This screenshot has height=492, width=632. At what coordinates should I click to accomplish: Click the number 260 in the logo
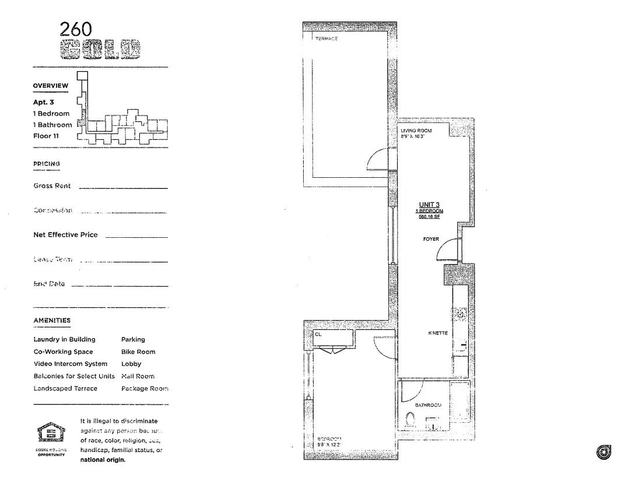click(x=76, y=30)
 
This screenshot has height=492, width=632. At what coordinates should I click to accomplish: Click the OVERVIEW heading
click(x=50, y=86)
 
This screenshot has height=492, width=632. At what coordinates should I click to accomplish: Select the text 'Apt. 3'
click(x=44, y=102)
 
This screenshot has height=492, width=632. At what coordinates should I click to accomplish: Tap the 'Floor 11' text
click(x=46, y=136)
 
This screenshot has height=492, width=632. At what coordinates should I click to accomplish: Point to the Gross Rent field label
click(x=52, y=186)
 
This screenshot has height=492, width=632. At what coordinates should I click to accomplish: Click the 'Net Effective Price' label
click(x=65, y=235)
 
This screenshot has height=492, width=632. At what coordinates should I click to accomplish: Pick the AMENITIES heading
click(x=52, y=321)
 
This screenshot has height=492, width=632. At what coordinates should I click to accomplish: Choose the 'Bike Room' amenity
click(x=138, y=352)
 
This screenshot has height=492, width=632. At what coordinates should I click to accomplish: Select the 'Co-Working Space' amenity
click(x=63, y=352)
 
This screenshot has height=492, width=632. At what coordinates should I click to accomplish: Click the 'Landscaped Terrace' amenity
click(x=65, y=388)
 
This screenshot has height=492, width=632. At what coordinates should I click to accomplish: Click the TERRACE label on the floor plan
click(x=326, y=38)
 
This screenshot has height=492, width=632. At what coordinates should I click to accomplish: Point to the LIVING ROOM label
click(x=416, y=131)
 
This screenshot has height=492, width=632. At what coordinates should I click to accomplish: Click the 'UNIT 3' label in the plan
click(x=429, y=204)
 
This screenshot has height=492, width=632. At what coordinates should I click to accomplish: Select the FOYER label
click(x=431, y=239)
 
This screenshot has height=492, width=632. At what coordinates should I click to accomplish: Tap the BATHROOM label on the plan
click(x=428, y=405)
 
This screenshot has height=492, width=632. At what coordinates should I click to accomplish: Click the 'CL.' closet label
click(x=318, y=335)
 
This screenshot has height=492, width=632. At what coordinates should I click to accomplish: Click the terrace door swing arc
click(x=377, y=159)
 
